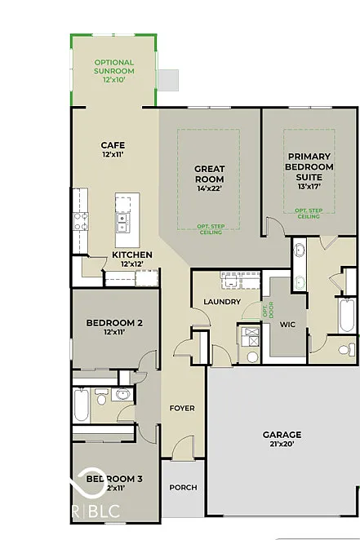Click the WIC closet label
[287, 325]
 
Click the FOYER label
[181, 407]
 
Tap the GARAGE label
[282, 435]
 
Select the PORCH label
[183, 487]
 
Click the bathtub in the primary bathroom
[346, 313]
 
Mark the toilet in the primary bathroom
[346, 348]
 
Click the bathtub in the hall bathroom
[82, 405]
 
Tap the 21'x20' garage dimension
[282, 445]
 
